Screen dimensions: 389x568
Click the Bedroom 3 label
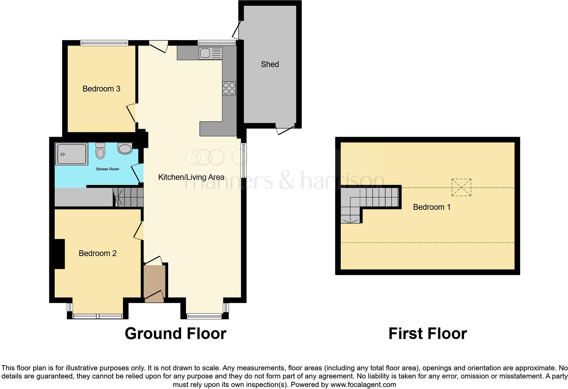[101, 89]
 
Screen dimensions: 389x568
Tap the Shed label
[270, 64]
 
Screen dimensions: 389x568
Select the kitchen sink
[211, 53]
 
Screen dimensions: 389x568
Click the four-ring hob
[229, 88]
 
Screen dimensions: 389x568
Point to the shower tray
[72, 154]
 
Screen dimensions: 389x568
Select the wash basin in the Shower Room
[125, 149]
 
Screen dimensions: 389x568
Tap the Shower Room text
[107, 169]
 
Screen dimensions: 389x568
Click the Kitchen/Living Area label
[191, 177]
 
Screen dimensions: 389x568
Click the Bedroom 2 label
[97, 253]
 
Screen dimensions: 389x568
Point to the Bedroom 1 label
[431, 207]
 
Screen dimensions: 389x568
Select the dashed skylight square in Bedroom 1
[461, 187]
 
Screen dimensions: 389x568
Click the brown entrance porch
[154, 281]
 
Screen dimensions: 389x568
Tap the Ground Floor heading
[175, 334]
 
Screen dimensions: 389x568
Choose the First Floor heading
[427, 334]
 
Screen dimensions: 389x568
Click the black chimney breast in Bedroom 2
[59, 254]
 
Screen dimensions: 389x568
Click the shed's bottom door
[285, 129]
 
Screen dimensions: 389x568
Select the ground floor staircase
[128, 197]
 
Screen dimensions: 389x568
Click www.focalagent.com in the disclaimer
[363, 385]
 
